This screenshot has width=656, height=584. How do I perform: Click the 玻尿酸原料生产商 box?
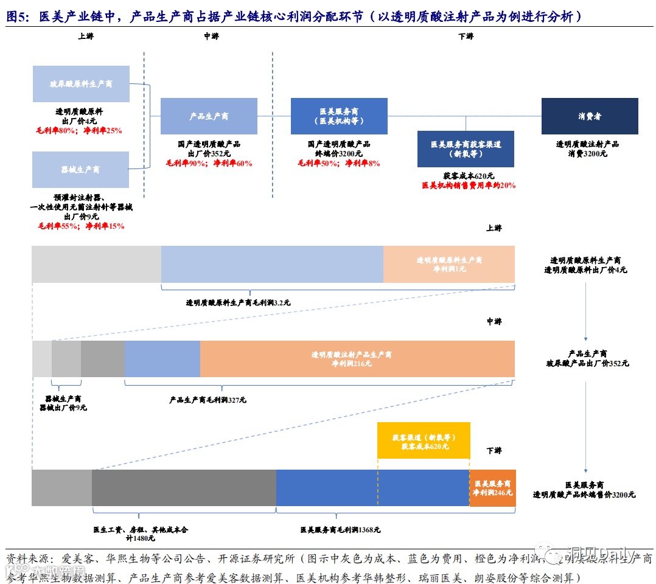[x=81, y=84]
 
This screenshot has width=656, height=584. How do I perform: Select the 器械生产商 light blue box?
[x=81, y=170]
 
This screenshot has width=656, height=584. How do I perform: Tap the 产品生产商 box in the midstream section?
[x=209, y=116]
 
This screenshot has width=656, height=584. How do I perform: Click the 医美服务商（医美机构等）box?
[x=339, y=116]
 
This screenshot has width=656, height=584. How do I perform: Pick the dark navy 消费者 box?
[x=590, y=116]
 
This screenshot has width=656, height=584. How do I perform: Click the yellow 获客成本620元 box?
[x=424, y=440]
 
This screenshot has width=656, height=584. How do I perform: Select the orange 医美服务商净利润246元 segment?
[x=492, y=488]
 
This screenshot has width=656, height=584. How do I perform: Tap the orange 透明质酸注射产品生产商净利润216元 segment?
[x=357, y=359]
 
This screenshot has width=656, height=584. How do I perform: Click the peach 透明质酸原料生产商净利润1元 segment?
[x=449, y=264]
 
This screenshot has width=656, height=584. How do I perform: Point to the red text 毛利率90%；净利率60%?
[x=209, y=163]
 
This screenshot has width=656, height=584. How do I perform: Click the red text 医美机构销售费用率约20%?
[x=469, y=185]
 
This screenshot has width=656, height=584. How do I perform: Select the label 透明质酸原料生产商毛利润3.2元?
[x=238, y=302]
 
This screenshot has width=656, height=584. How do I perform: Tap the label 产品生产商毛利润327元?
[x=208, y=400]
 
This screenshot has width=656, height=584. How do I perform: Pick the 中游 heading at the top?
[x=211, y=36]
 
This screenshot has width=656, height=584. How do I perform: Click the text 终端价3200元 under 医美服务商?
[x=339, y=154]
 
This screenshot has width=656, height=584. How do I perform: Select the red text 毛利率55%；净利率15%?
[x=81, y=226]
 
